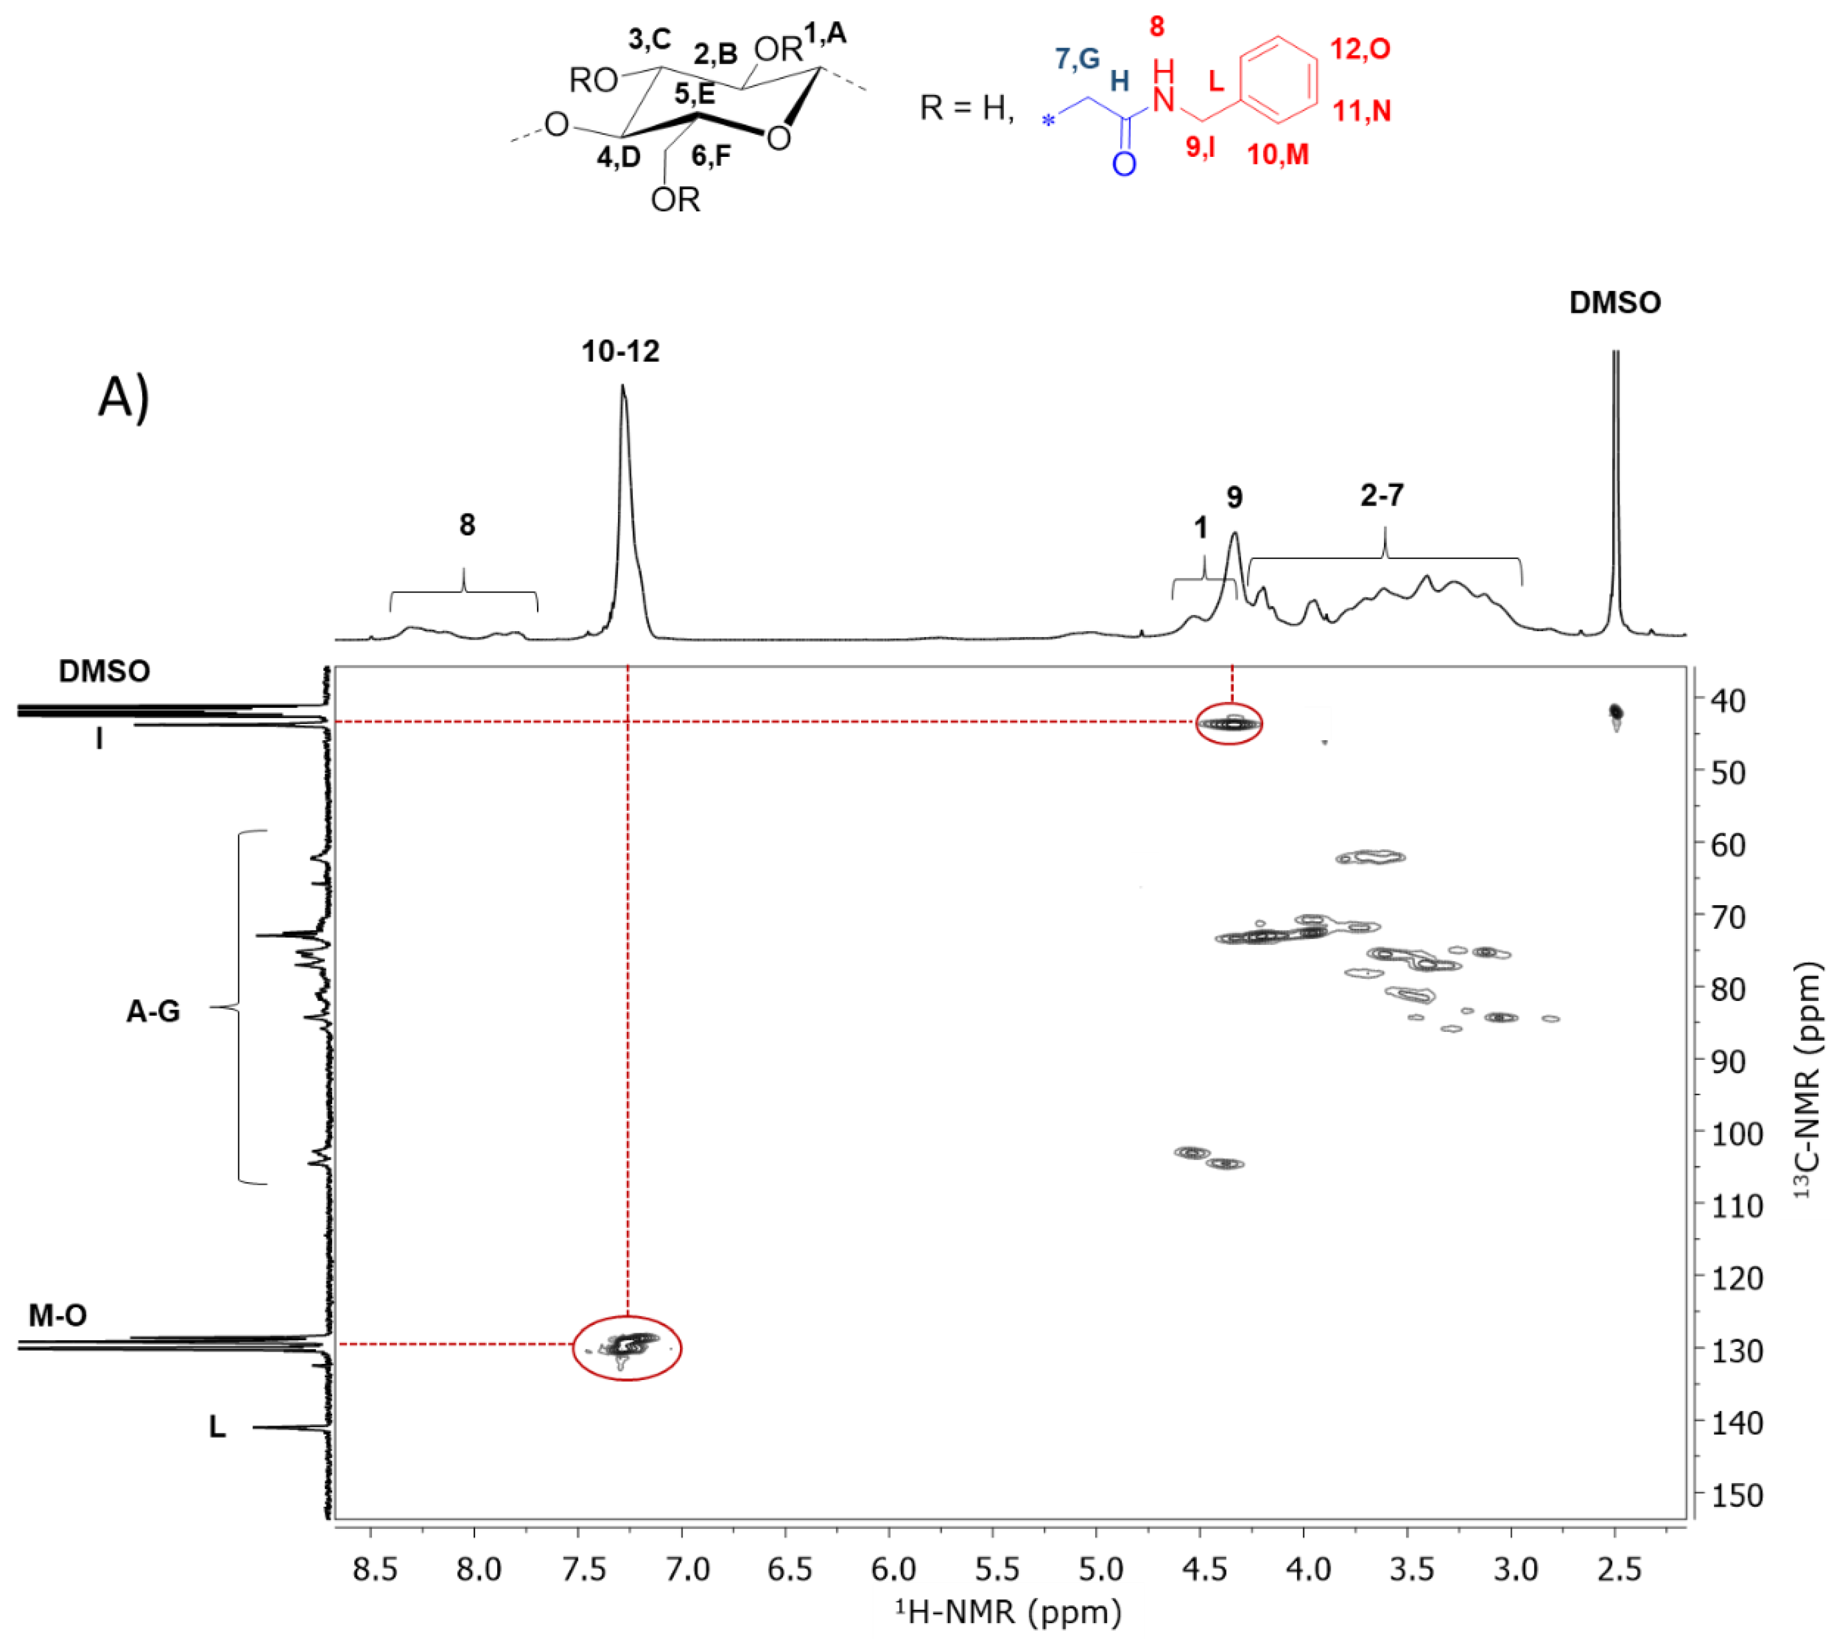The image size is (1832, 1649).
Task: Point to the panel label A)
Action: (x=123, y=397)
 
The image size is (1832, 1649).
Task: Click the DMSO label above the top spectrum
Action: (x=1615, y=302)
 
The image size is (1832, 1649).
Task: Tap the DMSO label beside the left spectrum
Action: (x=104, y=671)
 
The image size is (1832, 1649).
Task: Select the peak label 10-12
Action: (x=621, y=351)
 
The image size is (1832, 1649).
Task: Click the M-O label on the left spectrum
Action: (x=58, y=1315)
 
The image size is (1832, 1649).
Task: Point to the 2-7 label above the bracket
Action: (x=1382, y=495)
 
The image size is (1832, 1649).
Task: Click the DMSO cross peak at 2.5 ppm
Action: (x=1615, y=714)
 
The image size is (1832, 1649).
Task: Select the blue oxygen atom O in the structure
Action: (x=1124, y=164)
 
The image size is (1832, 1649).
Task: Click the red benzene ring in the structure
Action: (x=1278, y=80)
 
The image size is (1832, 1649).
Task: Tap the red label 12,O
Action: (x=1360, y=49)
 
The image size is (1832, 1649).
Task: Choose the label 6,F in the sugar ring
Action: (x=711, y=156)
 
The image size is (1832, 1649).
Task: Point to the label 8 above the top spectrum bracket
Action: (x=466, y=525)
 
